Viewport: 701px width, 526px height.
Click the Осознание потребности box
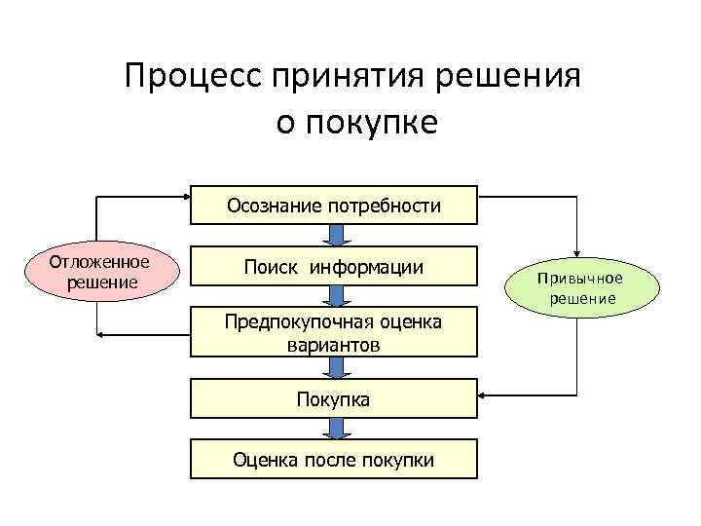(333, 206)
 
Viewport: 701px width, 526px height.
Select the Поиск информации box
(333, 267)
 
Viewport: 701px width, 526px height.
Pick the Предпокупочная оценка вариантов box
(333, 333)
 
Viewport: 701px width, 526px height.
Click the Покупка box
(333, 399)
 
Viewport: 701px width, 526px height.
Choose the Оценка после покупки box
(333, 460)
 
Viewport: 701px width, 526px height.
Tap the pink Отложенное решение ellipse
(100, 272)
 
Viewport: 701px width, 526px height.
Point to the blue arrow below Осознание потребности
(334, 236)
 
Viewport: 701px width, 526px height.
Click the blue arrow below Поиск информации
(334, 299)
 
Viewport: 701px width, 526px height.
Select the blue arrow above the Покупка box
(334, 367)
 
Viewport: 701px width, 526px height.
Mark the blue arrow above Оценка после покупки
(334, 430)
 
